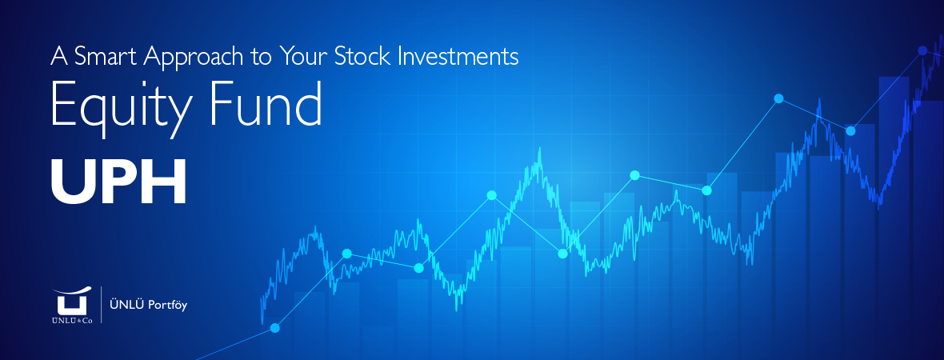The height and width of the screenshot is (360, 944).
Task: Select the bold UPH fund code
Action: coord(118,182)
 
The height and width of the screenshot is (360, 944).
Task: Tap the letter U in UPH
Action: coord(71,182)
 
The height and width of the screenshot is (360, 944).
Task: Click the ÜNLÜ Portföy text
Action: coord(148,306)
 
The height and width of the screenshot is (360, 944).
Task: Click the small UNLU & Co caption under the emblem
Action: coord(72,320)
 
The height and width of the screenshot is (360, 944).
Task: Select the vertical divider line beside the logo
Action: coord(101,306)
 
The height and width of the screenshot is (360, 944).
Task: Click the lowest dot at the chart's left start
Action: coord(274,328)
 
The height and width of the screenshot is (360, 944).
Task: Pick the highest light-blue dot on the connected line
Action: coord(778,98)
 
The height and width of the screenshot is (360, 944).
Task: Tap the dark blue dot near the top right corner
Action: coord(922,50)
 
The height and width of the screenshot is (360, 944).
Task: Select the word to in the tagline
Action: coord(262,58)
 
